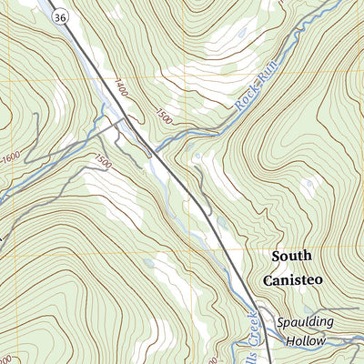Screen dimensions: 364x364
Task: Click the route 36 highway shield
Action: click(x=58, y=16)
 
